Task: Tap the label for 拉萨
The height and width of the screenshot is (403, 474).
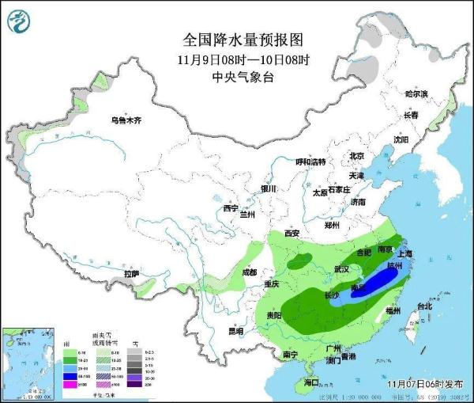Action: tap(131, 274)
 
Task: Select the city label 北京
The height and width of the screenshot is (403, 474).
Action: tap(356, 156)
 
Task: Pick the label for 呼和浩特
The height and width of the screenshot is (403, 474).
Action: tap(310, 162)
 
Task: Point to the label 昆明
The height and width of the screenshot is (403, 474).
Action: tap(235, 331)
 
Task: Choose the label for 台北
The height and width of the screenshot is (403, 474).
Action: tap(423, 306)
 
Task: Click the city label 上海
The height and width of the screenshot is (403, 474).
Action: tap(407, 254)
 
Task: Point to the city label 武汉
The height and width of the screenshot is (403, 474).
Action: tap(341, 269)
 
